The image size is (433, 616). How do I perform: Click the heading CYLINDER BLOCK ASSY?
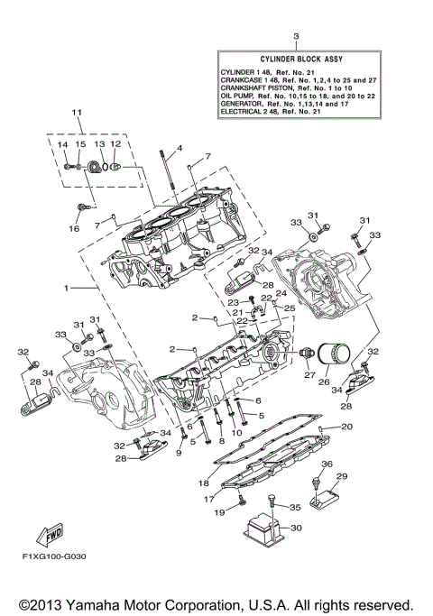pos(295,58)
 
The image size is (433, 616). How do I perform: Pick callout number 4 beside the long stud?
pos(180,148)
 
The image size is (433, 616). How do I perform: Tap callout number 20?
pos(346,426)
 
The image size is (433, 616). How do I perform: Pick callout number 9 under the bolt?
pos(179,452)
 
